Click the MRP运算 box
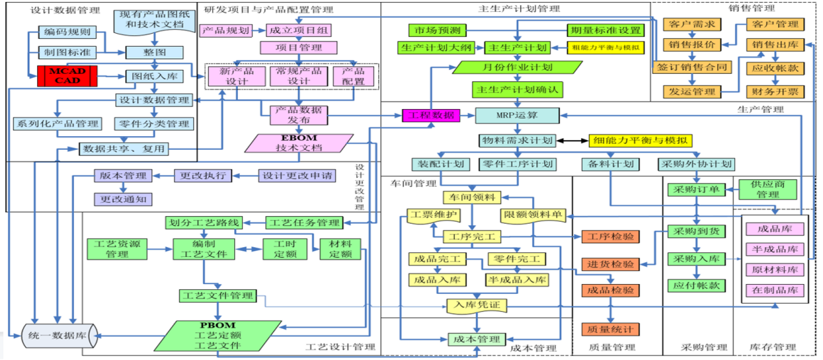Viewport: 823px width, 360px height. [x=516, y=115]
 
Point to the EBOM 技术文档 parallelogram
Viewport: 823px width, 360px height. [x=300, y=143]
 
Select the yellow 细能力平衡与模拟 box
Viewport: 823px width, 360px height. [x=641, y=140]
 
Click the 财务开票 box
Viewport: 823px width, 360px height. [x=776, y=91]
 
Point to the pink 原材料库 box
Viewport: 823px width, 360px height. [x=776, y=269]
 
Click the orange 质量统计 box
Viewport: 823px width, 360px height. [x=610, y=330]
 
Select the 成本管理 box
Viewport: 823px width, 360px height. [x=476, y=339]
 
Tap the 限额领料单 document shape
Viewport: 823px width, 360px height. [x=532, y=215]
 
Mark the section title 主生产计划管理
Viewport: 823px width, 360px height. [x=519, y=9]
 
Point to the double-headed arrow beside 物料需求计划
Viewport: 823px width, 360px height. [x=572, y=140]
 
